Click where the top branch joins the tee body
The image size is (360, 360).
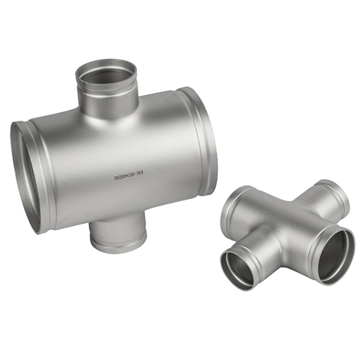point(108,115)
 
